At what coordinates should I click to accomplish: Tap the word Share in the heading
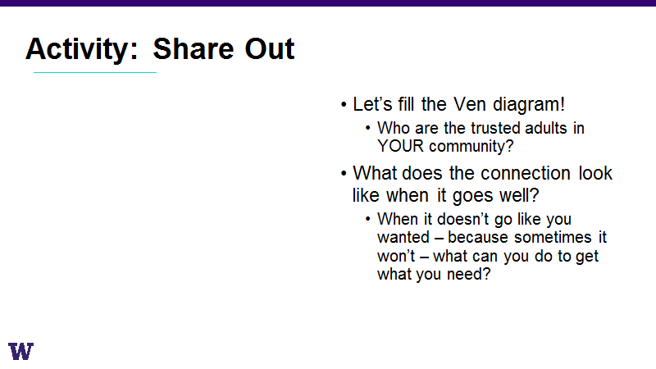tap(194, 49)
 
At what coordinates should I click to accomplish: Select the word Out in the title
tap(270, 49)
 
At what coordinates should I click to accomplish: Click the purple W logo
tap(20, 351)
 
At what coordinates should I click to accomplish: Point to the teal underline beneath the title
tap(95, 72)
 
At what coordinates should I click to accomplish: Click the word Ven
tap(469, 104)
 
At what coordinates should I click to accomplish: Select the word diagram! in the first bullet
tap(529, 105)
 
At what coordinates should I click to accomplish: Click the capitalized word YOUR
tap(400, 146)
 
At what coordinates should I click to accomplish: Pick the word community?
tap(471, 147)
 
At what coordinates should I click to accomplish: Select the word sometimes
tap(553, 237)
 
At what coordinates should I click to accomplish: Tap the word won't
tap(396, 256)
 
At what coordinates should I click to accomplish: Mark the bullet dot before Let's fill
tap(344, 105)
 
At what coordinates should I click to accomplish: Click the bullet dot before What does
tap(344, 173)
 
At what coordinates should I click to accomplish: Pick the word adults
tap(546, 128)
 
